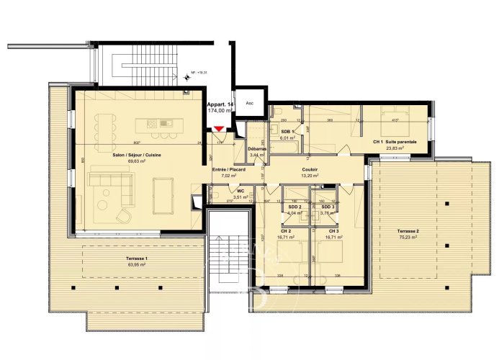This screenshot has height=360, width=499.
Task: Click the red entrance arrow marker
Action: click(x=219, y=129)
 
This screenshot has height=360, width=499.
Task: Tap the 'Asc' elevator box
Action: click(x=250, y=103)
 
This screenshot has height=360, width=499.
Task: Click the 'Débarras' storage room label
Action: click(x=257, y=148)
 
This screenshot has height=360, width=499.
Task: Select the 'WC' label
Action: click(x=240, y=191)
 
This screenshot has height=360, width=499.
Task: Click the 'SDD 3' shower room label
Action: click(x=328, y=207)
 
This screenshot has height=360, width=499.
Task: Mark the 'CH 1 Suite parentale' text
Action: click(x=395, y=142)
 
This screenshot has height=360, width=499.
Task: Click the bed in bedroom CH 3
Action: click(x=331, y=253)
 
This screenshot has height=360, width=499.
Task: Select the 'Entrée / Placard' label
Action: click(x=229, y=168)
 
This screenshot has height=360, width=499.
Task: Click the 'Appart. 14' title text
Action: click(x=220, y=105)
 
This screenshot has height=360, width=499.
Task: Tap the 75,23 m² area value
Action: click(x=408, y=237)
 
